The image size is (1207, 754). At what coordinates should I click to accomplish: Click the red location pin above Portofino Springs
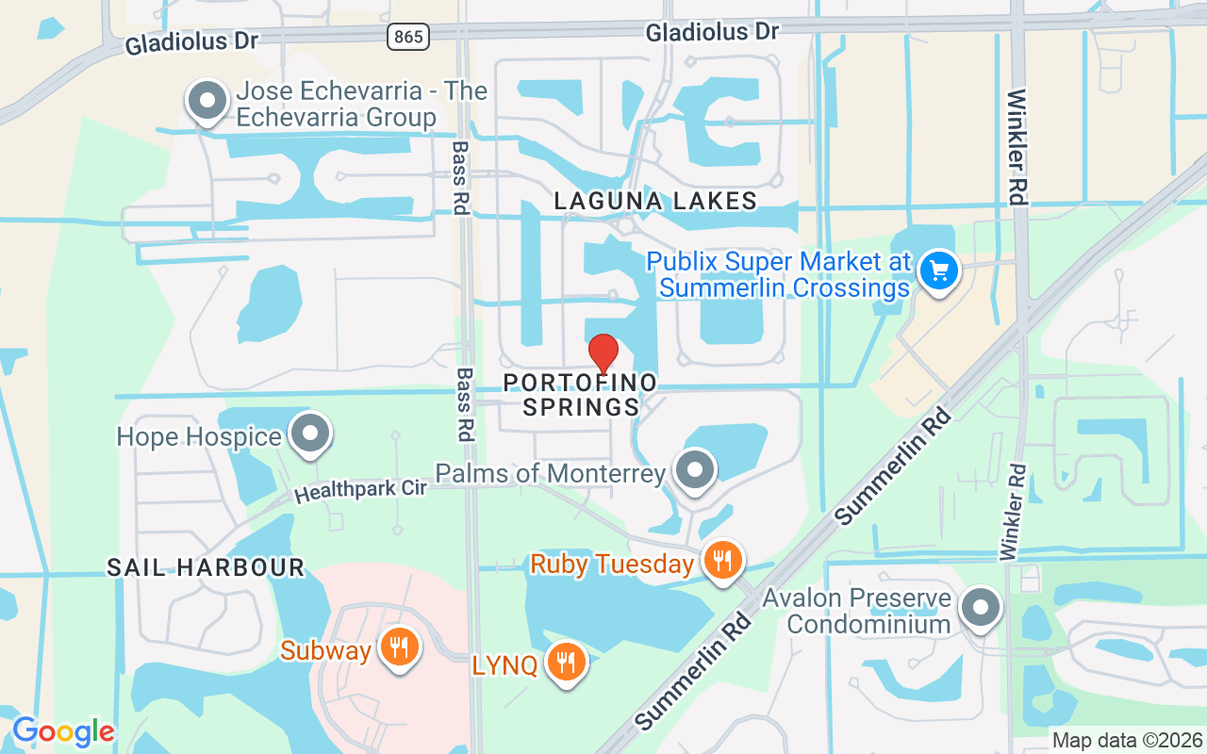pos(603,353)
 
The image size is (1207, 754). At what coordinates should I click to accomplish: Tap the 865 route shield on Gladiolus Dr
pos(408,37)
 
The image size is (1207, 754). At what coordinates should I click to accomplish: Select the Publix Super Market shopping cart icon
pos(938,272)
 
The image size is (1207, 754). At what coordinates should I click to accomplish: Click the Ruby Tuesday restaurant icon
pos(723,562)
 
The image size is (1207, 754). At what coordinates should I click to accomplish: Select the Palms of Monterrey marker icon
pos(696,469)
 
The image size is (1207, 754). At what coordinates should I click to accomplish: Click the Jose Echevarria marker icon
pos(207,101)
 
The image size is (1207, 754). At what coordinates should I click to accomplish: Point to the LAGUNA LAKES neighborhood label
pos(655,201)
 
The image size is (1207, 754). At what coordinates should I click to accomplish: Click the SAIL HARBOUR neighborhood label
pos(206,567)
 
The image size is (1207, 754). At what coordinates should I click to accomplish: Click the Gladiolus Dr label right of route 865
pos(712,33)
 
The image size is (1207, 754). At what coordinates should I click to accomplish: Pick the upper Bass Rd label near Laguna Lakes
pos(460,177)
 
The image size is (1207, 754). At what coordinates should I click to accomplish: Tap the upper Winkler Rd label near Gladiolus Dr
pos(1016,146)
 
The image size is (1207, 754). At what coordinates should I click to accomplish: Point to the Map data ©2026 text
pos(1127,741)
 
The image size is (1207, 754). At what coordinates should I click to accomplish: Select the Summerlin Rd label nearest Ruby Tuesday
pos(694,669)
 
